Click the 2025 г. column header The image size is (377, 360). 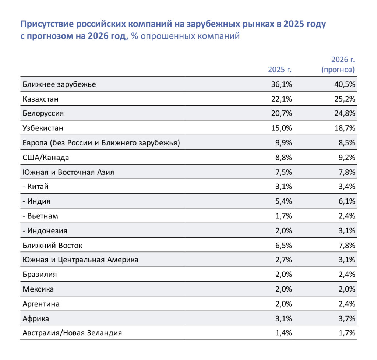[280, 70]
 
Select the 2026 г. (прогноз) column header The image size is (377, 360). [338, 64]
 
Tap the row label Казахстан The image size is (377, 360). [40, 99]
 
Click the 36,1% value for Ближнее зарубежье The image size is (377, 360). [282, 84]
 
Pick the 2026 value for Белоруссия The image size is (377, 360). [345, 113]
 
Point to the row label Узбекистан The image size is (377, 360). [43, 128]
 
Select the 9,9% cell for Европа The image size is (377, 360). [284, 143]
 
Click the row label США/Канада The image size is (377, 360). [46, 158]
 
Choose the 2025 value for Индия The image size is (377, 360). [284, 201]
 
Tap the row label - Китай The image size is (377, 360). [36, 187]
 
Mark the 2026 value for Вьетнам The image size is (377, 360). [347, 216]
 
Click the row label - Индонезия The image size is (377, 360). [45, 231]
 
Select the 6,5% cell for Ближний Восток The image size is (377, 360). [284, 246]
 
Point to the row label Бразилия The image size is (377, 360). [40, 275]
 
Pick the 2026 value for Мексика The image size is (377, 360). [347, 289]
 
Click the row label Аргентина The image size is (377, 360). [41, 304]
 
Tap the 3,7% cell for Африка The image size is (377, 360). [347, 319]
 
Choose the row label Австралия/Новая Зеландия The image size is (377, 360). [72, 333]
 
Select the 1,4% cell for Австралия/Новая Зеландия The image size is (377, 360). [284, 333]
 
